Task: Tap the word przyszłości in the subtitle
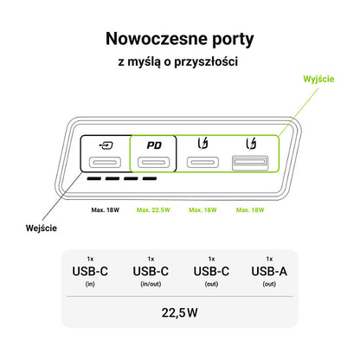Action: click(206, 61)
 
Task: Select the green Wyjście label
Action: click(318, 80)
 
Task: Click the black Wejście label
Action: click(42, 228)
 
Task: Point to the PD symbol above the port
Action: click(154, 145)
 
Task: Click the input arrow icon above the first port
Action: click(106, 145)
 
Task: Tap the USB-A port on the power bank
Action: click(250, 163)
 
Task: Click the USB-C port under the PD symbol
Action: click(153, 163)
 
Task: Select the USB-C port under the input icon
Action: click(105, 163)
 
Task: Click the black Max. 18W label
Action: click(106, 210)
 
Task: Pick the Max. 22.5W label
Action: click(153, 210)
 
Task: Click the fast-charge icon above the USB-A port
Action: click(251, 144)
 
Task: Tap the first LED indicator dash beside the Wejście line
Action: click(94, 178)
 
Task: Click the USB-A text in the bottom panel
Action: click(269, 272)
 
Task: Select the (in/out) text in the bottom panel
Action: click(151, 284)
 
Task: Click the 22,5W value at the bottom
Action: click(180, 312)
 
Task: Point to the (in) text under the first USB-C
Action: click(90, 284)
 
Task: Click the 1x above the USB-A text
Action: click(269, 259)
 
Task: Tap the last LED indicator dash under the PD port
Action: click(150, 178)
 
